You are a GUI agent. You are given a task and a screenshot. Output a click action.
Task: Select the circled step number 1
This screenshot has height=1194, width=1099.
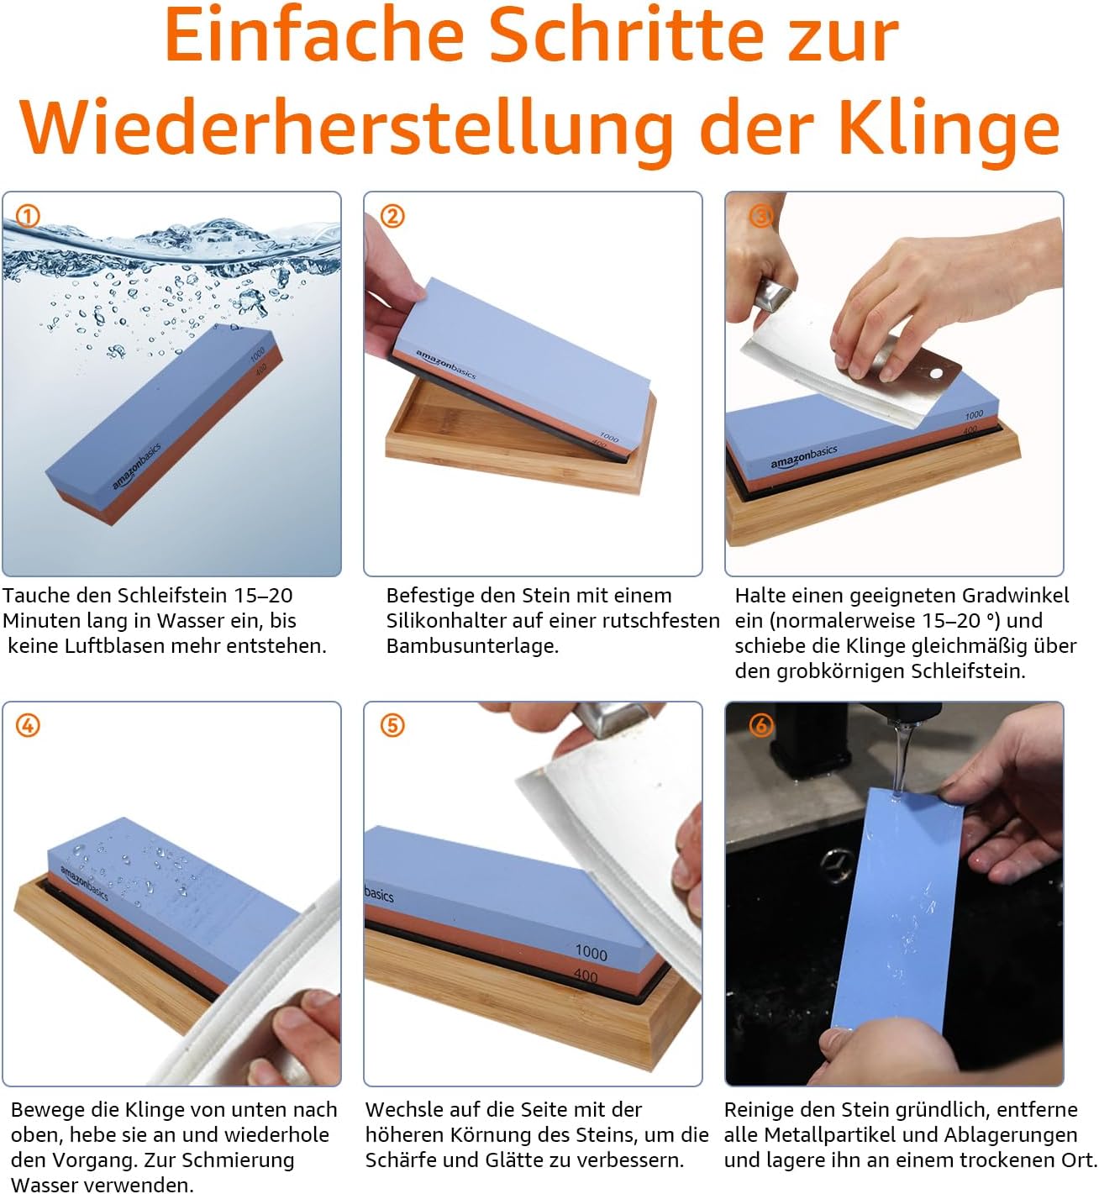tap(28, 216)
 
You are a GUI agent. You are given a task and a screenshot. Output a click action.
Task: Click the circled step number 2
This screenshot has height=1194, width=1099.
tap(392, 216)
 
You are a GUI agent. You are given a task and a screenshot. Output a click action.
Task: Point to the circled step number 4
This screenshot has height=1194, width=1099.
tap(28, 725)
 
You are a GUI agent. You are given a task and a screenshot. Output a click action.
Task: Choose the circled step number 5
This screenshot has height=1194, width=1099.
tap(392, 725)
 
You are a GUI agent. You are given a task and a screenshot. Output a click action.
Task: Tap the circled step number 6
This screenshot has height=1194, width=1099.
tap(760, 725)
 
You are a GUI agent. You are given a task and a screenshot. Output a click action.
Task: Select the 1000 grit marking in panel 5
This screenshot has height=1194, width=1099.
tap(591, 952)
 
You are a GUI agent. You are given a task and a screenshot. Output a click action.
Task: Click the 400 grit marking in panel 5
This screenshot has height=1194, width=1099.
tap(586, 976)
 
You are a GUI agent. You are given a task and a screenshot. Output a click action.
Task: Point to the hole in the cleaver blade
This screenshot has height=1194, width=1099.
tap(935, 371)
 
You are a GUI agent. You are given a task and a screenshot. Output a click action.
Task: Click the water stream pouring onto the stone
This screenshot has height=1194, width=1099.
tap(901, 756)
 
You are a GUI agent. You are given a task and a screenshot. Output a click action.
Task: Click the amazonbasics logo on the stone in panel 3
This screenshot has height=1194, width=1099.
tap(804, 457)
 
